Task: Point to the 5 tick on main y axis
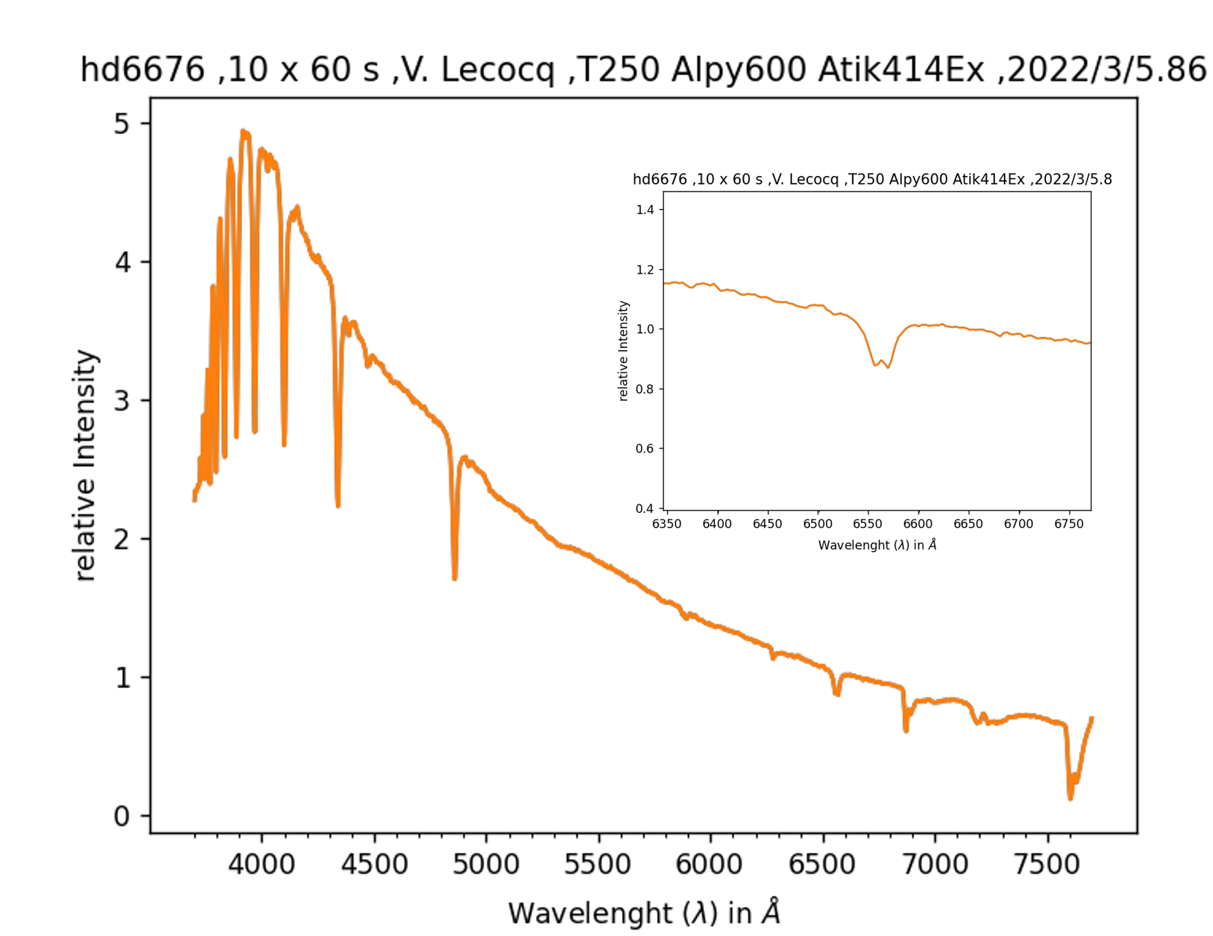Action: click(x=122, y=124)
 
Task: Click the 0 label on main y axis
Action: click(x=122, y=817)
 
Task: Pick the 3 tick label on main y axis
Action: click(x=122, y=401)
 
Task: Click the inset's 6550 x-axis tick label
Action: click(x=868, y=524)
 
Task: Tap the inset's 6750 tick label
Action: click(x=1068, y=524)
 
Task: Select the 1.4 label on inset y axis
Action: click(x=645, y=210)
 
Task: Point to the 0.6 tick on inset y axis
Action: click(x=645, y=449)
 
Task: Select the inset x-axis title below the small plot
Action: click(x=877, y=545)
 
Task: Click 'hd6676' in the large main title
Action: click(x=142, y=70)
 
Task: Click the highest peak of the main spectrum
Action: click(x=244, y=131)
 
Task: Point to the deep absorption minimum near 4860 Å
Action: click(x=455, y=578)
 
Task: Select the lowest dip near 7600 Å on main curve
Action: click(x=1070, y=799)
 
